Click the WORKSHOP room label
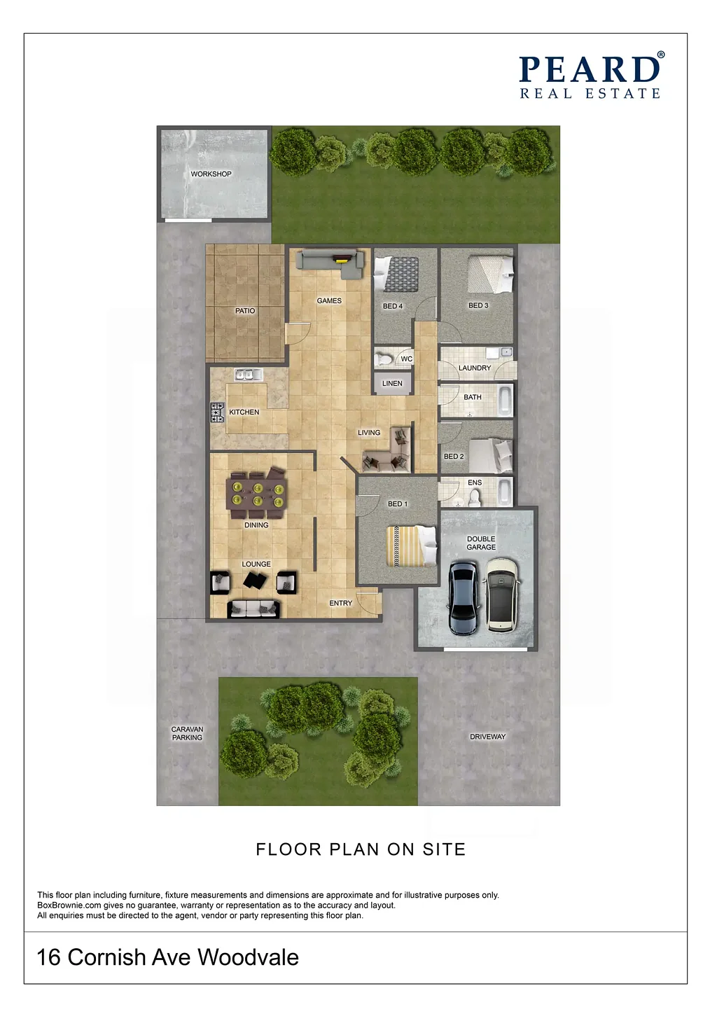click(x=211, y=174)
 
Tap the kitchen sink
click(x=248, y=375)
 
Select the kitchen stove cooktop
click(x=217, y=412)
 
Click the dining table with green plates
click(x=257, y=494)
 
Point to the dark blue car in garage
click(x=464, y=597)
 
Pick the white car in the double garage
click(x=501, y=595)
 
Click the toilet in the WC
click(x=383, y=359)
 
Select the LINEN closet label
click(x=392, y=384)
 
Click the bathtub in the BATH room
click(x=505, y=400)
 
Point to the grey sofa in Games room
click(x=330, y=264)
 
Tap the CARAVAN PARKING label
click(x=187, y=733)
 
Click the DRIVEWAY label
click(x=487, y=737)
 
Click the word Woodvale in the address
click(x=248, y=957)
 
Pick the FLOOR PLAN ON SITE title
click(x=361, y=849)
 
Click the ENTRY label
click(x=340, y=603)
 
